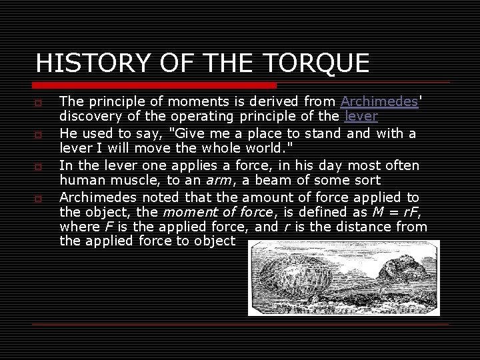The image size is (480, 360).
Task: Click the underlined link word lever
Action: tap(361, 117)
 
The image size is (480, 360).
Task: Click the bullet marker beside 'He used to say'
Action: tap(39, 135)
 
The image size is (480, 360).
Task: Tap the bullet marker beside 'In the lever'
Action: tap(39, 167)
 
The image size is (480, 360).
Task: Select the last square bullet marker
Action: tap(39, 199)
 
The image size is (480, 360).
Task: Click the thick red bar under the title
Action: tap(155, 86)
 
